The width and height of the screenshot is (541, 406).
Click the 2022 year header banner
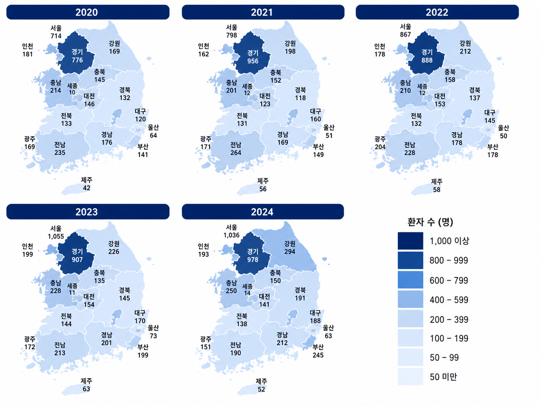tap(437, 12)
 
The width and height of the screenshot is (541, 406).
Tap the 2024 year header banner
tap(263, 212)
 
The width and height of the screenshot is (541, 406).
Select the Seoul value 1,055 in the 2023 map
tap(56, 236)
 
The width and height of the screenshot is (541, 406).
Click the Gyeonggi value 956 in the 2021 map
tap(253, 61)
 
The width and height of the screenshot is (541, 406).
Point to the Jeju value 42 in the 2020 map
tap(87, 188)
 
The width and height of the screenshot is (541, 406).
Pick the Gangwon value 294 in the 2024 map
tap(290, 252)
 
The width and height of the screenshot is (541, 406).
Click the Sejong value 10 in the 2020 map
tap(72, 92)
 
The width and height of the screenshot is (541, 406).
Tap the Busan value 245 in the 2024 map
tap(318, 355)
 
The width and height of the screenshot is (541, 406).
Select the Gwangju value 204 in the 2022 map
tap(380, 147)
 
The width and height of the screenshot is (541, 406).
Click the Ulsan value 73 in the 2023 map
tap(153, 336)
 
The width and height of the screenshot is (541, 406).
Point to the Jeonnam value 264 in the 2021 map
tap(236, 153)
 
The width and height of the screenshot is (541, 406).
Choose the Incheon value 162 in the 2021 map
tap(204, 54)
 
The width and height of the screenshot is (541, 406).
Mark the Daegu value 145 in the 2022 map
tap(490, 121)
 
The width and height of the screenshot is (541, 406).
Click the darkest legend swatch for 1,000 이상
tap(410, 241)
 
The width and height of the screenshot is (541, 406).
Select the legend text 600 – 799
tap(449, 280)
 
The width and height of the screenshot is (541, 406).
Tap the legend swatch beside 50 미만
tap(410, 377)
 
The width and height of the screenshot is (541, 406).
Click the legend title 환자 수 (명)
tap(430, 222)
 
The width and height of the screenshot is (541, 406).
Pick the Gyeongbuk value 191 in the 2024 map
tap(300, 298)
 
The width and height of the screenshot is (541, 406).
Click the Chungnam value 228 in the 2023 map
tap(56, 291)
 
